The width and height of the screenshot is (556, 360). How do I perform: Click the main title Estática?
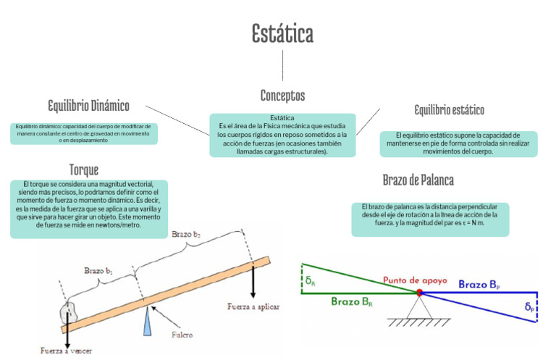(282, 33)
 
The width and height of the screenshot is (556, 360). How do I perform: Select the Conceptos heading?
(282, 96)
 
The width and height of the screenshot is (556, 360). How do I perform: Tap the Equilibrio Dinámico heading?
(88, 106)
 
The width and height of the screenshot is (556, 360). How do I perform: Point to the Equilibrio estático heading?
(449, 110)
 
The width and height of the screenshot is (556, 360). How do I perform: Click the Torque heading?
(84, 169)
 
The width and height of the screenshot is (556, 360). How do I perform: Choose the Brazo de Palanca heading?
(418, 180)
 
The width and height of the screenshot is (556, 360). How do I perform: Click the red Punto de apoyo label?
(415, 280)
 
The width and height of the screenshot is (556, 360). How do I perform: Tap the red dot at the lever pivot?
(418, 292)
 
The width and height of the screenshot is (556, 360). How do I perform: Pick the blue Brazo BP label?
(484, 285)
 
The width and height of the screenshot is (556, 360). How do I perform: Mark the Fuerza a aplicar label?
(253, 306)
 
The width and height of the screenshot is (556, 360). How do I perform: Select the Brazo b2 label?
(186, 234)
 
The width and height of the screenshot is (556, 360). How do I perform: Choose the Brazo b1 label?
(98, 270)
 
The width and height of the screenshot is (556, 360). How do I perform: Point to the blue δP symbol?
(531, 307)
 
